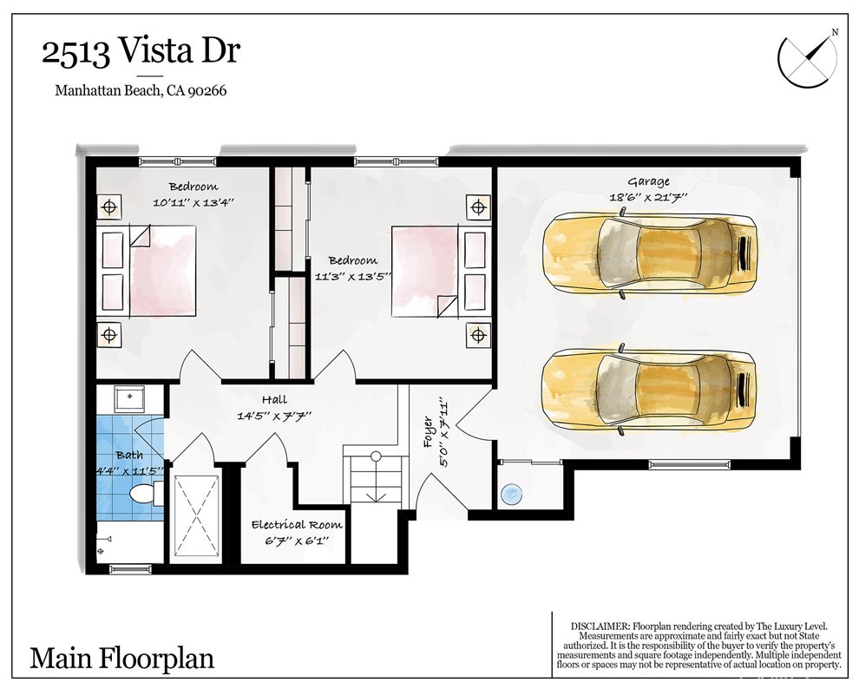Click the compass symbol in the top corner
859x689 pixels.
tap(808, 57)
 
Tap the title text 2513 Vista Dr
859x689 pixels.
tap(141, 51)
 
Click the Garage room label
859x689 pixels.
tap(649, 182)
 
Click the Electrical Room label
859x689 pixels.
tap(297, 525)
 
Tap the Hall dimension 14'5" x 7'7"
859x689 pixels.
tap(274, 416)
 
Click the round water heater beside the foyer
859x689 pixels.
tap(510, 495)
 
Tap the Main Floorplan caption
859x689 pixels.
tap(121, 658)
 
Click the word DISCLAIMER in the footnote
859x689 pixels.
tap(600, 626)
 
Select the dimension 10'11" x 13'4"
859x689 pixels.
tap(193, 202)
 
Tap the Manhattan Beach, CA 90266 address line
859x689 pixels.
tap(141, 90)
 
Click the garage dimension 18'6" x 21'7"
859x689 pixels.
tap(649, 197)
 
